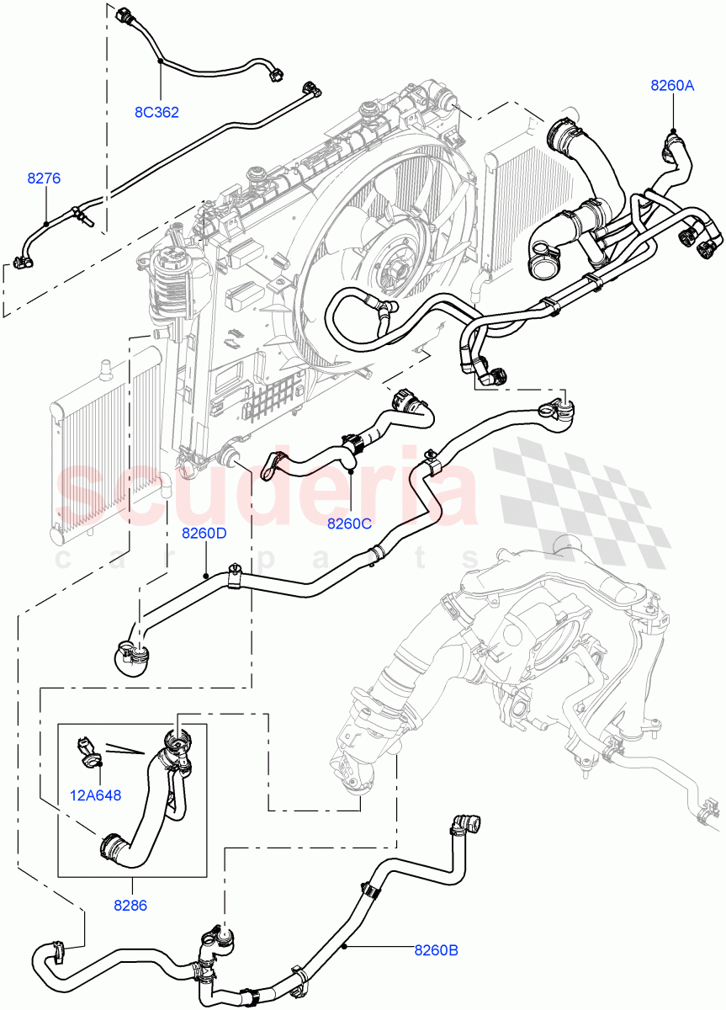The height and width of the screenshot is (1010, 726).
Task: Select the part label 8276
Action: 44,178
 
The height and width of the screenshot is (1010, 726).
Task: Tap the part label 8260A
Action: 671,84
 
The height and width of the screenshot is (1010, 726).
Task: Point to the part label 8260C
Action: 350,523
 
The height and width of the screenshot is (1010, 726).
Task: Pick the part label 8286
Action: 131,906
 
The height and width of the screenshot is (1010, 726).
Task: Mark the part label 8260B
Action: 435,951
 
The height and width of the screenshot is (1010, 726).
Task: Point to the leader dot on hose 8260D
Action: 206,575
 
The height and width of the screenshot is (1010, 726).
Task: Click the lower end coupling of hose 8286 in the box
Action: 114,844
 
